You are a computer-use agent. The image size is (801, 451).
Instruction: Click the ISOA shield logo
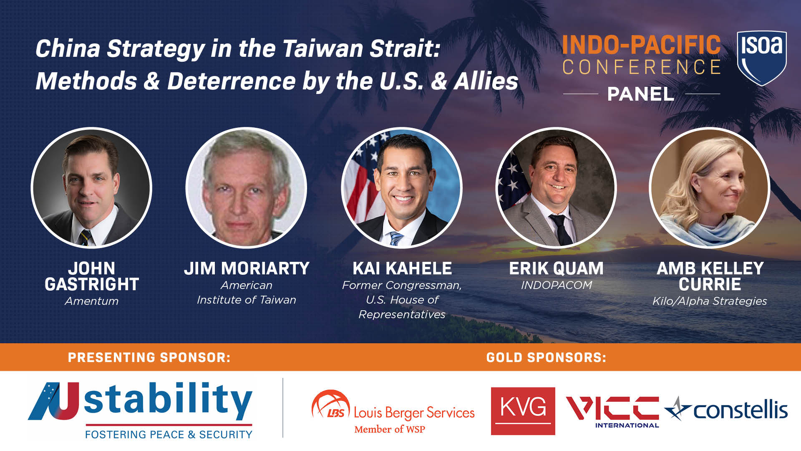click(762, 57)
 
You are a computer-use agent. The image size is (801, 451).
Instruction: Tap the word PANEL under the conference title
click(641, 94)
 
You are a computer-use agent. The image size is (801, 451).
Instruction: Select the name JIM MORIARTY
click(247, 269)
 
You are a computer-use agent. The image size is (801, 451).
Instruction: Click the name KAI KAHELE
click(402, 269)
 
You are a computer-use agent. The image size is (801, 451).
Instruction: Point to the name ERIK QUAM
click(556, 269)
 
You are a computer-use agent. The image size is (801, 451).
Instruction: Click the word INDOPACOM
click(556, 285)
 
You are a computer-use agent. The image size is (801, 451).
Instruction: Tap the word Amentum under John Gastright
click(91, 301)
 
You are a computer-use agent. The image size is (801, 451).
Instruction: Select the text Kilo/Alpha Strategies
click(710, 301)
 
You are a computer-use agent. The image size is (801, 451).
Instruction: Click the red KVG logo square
click(523, 411)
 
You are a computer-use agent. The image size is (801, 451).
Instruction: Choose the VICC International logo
click(612, 411)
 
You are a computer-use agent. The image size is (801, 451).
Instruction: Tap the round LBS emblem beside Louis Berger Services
click(330, 405)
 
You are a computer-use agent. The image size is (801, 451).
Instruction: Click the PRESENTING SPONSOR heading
click(149, 357)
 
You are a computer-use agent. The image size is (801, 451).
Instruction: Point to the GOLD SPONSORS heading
click(546, 357)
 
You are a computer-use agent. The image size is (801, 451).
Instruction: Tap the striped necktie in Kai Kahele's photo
click(395, 238)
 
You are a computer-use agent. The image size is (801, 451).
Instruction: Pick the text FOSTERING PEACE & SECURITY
click(169, 435)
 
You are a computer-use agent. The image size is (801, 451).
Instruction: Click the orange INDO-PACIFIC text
click(641, 45)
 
